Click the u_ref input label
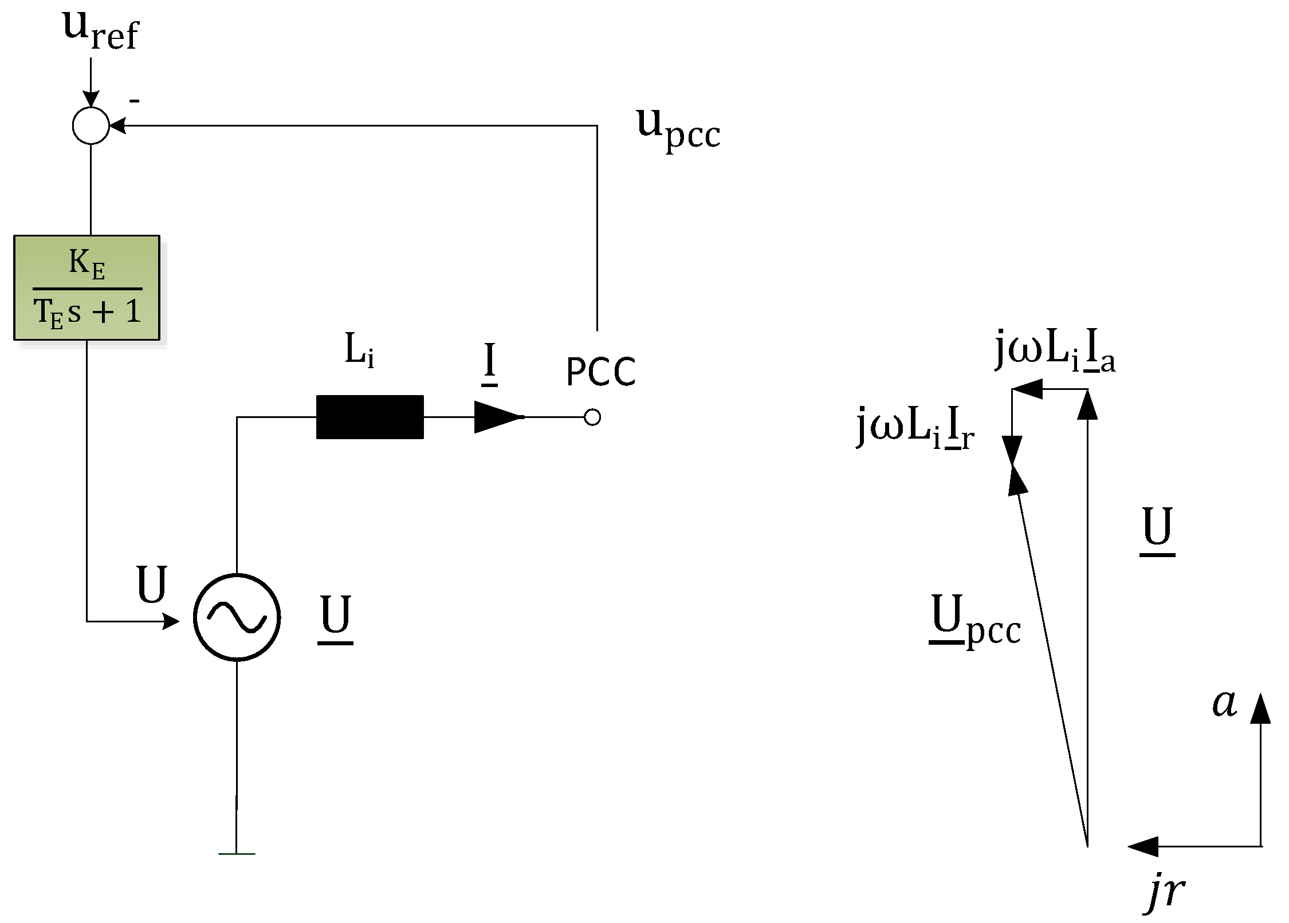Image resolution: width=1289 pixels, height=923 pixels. (100, 31)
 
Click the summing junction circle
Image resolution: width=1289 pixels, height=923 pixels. (91, 125)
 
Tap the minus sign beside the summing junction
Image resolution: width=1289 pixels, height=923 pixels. (134, 101)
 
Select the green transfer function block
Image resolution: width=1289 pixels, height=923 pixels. (87, 287)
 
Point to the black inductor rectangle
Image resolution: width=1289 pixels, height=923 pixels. (370, 417)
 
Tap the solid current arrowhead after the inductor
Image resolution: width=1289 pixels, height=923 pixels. (496, 417)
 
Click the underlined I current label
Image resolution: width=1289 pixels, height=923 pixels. (489, 363)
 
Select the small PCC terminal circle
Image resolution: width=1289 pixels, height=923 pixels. (592, 417)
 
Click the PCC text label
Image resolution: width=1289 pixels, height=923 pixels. (600, 372)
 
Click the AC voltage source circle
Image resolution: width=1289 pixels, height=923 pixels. (237, 617)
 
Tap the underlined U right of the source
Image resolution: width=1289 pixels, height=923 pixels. (335, 617)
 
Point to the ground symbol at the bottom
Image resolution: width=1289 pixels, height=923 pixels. (237, 853)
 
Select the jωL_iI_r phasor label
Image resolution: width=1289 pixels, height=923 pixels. (915, 427)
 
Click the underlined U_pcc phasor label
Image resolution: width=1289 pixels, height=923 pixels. (974, 620)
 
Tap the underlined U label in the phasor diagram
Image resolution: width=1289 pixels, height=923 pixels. (1157, 529)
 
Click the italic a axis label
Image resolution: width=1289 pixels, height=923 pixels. (1225, 703)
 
